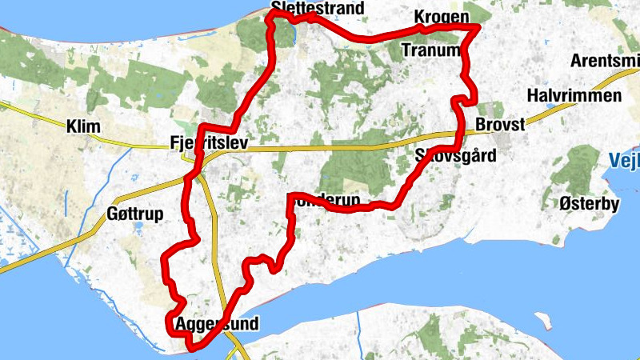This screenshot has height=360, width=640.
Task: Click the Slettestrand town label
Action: pos(318,9)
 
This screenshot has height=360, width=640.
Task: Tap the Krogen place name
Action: pos(441,17)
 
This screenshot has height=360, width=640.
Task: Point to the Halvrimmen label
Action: pos(575,96)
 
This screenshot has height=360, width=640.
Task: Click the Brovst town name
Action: pos(500,126)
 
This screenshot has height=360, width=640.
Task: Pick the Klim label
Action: pos(82,126)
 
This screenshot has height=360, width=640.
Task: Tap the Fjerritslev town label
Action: pos(210,143)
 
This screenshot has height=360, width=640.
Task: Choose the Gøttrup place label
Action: pos(134,214)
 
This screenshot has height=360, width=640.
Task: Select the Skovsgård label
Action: pos(456,155)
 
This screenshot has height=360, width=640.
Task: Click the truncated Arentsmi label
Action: pos(605,61)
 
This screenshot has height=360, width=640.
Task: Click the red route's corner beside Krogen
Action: pos(478,28)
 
